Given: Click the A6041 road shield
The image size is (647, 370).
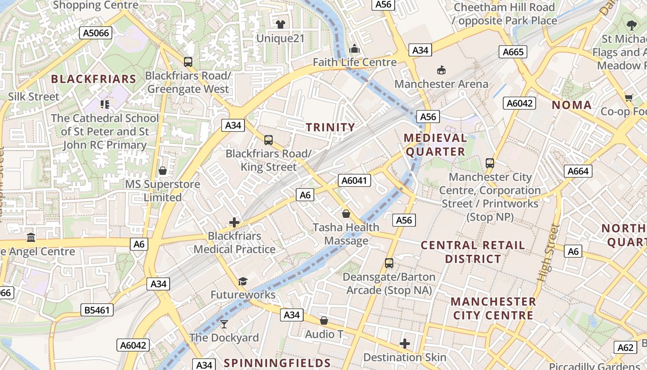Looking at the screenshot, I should coord(354,180).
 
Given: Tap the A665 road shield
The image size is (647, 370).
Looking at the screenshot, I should coord(513,52).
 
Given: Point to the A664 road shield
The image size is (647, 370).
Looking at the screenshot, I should coord(578,171).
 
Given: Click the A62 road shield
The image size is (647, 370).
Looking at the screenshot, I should coord(625,347).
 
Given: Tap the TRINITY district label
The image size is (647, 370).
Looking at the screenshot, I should coord(330,127).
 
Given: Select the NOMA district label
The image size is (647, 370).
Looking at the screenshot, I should coord(572,105).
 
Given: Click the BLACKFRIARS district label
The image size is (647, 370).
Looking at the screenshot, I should coord(93,79).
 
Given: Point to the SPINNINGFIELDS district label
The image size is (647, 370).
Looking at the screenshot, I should coord(277,363).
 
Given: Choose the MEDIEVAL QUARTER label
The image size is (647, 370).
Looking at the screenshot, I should coord(435,145).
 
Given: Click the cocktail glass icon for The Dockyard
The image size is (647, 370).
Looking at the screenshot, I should coord(224,324).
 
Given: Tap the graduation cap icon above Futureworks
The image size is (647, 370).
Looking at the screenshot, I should coord(243,281).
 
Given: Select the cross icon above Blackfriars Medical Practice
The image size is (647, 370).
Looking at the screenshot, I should coord(234,222).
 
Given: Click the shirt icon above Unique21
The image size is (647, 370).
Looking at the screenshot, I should coord(280,25).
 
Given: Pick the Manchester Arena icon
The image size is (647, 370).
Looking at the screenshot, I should coord(441,70).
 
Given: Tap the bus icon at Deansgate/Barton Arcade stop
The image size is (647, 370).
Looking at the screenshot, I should coord(389,263).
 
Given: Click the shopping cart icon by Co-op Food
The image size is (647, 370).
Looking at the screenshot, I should coord(629,98).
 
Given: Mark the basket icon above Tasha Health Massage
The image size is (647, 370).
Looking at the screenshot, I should coord(346,214).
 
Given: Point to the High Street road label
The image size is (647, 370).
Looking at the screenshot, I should coord(549,253).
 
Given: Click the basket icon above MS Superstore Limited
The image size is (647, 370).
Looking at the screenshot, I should coord(163,171).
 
